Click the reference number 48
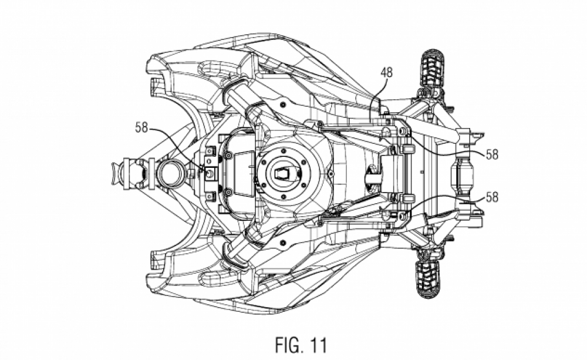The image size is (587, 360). point(387,72)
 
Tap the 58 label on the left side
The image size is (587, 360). point(141,128)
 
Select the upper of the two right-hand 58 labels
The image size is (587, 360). point(492,154)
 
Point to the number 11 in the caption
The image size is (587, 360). point(319,345)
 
